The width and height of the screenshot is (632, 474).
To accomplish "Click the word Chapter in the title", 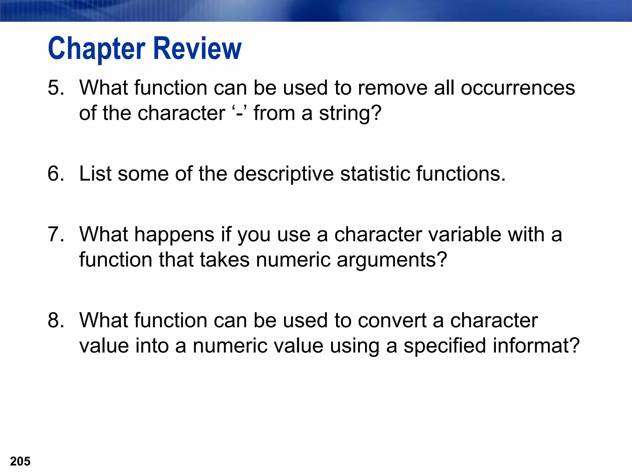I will [96, 49].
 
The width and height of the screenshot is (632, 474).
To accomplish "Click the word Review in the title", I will [197, 49].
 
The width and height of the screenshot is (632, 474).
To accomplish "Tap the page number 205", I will [20, 461].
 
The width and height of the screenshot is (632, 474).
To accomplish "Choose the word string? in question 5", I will [350, 113].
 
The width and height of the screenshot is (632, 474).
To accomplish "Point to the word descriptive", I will [284, 174].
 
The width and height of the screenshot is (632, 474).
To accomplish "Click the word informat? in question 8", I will [536, 346].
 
